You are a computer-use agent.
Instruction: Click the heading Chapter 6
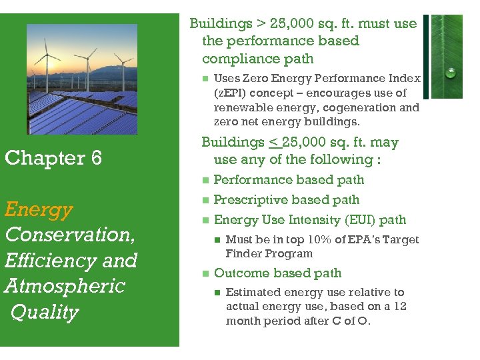coord(53,158)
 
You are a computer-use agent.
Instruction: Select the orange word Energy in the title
coord(38,209)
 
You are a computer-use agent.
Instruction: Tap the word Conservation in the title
coord(69,235)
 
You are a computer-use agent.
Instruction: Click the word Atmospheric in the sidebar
coord(65,286)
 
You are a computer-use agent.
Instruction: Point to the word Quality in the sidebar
coord(45,312)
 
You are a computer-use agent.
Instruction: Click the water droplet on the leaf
coord(451,72)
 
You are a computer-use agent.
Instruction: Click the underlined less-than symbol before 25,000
coord(273,142)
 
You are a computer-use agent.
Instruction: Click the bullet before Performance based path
coord(205,180)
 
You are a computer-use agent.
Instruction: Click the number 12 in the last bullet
coord(399,306)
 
